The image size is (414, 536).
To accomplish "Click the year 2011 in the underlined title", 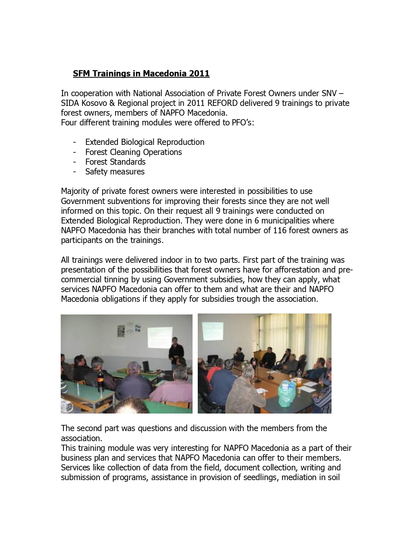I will [199, 74].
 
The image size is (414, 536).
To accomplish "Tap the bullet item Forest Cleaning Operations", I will [133, 152].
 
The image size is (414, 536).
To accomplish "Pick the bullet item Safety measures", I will [115, 172].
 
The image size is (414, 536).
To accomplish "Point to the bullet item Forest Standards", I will [115, 162].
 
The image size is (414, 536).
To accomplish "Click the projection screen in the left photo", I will [160, 336].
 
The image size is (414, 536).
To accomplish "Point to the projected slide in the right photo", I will [212, 331].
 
